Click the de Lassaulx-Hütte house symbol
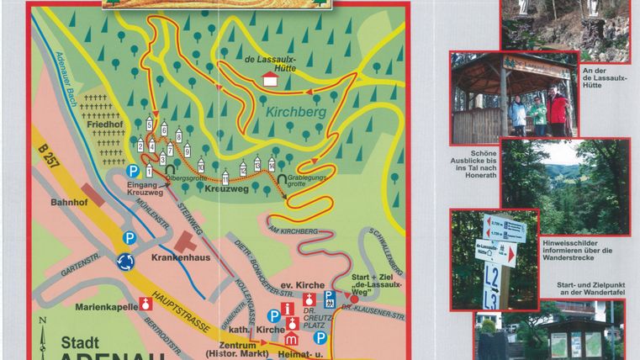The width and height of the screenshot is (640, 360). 270,78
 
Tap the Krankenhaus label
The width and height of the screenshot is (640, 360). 180,260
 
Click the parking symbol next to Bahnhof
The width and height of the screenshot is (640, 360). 129,238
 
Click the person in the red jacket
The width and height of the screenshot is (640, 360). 557,112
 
